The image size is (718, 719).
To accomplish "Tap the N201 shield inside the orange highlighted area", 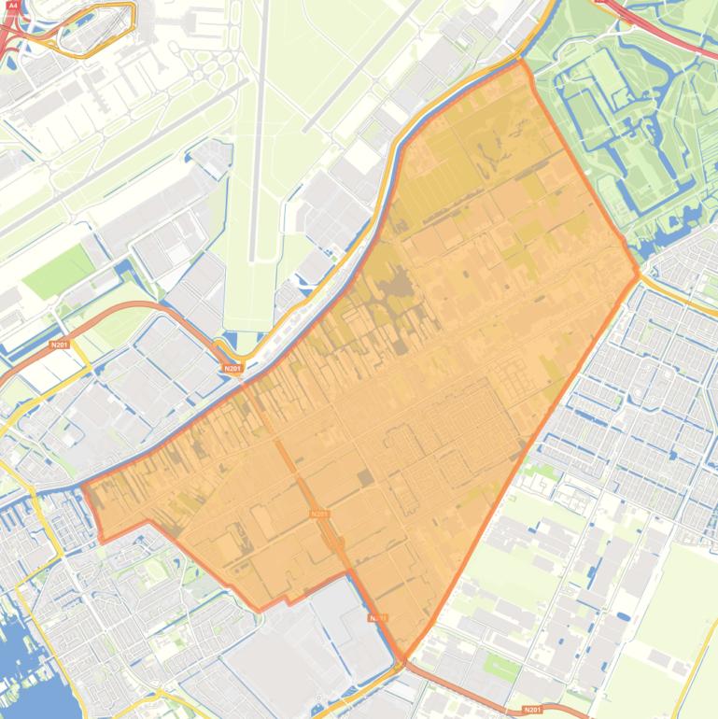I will (x=319, y=514).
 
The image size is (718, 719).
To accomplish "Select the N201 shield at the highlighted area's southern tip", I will (x=377, y=618).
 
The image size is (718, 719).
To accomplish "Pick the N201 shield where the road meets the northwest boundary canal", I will (x=232, y=369).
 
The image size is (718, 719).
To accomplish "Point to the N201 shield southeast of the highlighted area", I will (x=533, y=710).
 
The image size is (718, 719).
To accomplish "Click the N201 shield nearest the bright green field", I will (x=60, y=345).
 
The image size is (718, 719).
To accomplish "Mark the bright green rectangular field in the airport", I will (x=59, y=270).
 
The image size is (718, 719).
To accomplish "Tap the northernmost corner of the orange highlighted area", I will (x=519, y=62).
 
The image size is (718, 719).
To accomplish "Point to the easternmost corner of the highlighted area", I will (x=640, y=274).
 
